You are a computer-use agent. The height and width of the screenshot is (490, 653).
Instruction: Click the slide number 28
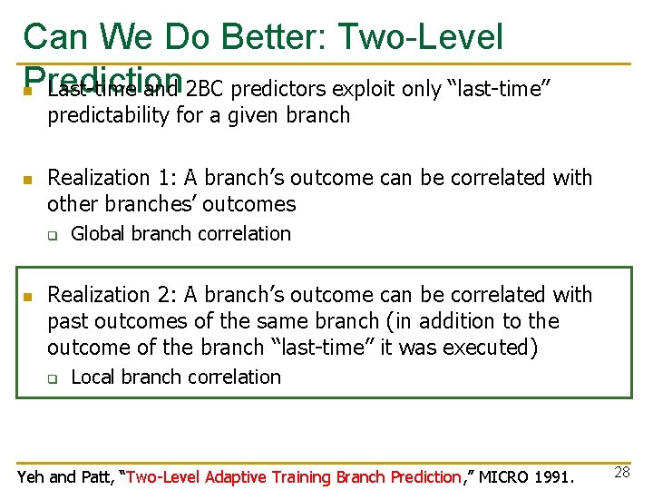(x=620, y=471)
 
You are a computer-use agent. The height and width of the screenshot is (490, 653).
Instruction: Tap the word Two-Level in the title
(x=420, y=37)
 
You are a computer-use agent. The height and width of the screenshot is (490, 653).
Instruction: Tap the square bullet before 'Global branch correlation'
(x=53, y=236)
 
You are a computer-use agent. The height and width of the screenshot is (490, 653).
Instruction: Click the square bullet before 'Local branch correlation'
(x=53, y=379)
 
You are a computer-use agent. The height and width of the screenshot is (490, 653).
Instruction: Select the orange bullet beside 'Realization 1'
(x=28, y=180)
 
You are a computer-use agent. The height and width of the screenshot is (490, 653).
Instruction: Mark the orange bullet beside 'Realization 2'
(x=28, y=297)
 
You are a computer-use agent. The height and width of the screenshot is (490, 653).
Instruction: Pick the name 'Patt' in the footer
(x=98, y=476)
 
